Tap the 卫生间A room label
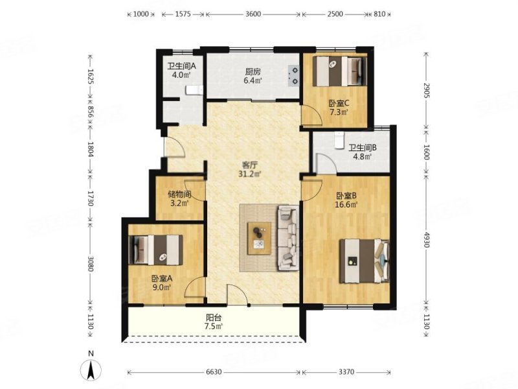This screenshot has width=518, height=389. [181, 66]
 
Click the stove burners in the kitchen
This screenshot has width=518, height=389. [293, 75]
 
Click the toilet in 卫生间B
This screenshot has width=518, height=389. [339, 140]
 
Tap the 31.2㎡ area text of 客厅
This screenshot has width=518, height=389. [250, 173]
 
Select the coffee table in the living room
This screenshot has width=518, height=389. [260, 238]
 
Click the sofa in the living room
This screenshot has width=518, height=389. [288, 237]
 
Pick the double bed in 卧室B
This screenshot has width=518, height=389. [365, 261]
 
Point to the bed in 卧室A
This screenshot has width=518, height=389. [155, 250]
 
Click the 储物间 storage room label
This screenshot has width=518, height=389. [179, 194]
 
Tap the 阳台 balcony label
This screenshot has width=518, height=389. [214, 318]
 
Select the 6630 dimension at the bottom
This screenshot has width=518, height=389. [214, 372]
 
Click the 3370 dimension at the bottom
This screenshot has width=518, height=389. [346, 372]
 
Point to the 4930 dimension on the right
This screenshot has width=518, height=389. [426, 239]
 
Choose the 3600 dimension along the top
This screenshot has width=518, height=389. [253, 14]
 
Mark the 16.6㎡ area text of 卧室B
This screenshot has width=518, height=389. [346, 204]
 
